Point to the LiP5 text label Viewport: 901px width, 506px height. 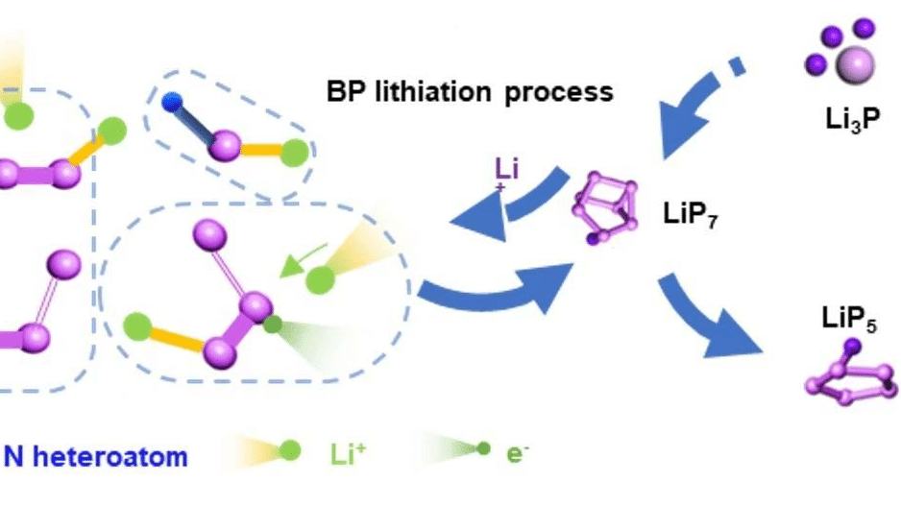(x=845, y=316)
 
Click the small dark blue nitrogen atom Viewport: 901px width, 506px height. (x=172, y=98)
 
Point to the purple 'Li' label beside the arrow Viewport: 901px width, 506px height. (x=506, y=173)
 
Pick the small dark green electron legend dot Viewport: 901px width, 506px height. (x=485, y=449)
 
